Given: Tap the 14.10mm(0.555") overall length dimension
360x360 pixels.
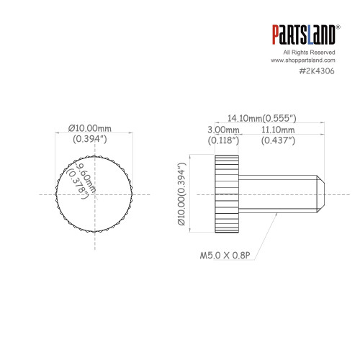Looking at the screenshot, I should (263, 117).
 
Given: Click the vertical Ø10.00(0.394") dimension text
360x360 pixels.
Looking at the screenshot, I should (181, 194).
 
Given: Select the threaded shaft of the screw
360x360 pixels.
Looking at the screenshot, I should (277, 194).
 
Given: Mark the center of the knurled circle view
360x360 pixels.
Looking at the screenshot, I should (94, 194).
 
